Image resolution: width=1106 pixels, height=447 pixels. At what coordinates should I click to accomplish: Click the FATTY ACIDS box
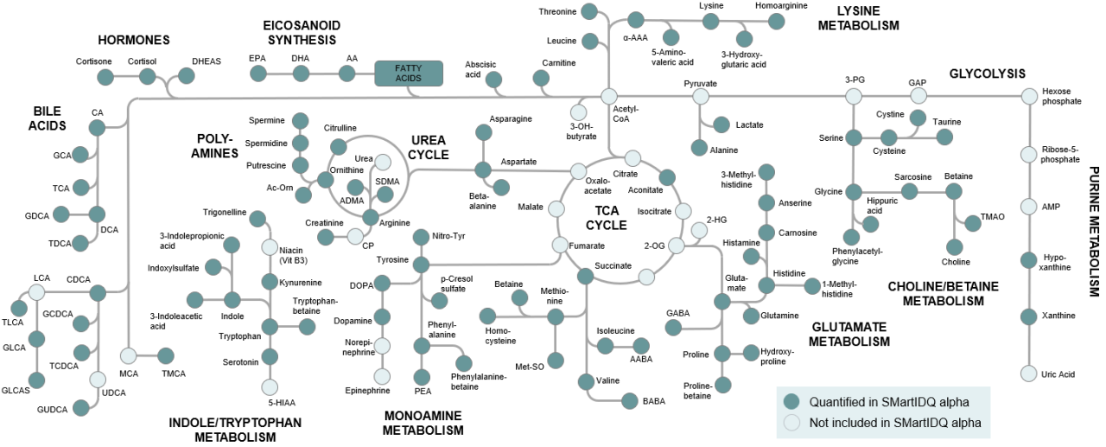pyautogui.click(x=408, y=73)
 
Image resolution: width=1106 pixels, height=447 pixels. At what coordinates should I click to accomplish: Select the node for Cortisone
pyautogui.click(x=105, y=77)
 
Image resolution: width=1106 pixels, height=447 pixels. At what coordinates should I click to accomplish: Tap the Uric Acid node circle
pyautogui.click(x=1029, y=374)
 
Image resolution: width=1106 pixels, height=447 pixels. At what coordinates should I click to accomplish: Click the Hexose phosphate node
pyautogui.click(x=1029, y=96)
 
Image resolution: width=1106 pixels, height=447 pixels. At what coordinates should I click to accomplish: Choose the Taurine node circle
pyautogui.click(x=944, y=137)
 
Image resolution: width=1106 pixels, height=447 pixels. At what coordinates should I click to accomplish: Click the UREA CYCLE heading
pyautogui.click(x=429, y=147)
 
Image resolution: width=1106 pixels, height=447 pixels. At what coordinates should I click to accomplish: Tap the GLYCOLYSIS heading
pyautogui.click(x=987, y=73)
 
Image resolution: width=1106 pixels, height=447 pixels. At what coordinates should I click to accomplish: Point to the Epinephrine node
pyautogui.click(x=382, y=376)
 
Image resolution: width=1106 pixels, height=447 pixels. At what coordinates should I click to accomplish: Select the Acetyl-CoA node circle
pyautogui.click(x=609, y=96)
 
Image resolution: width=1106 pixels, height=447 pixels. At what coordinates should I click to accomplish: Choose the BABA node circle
pyautogui.click(x=628, y=400)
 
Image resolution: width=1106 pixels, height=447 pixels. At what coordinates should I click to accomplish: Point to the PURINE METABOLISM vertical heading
pyautogui.click(x=1093, y=232)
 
